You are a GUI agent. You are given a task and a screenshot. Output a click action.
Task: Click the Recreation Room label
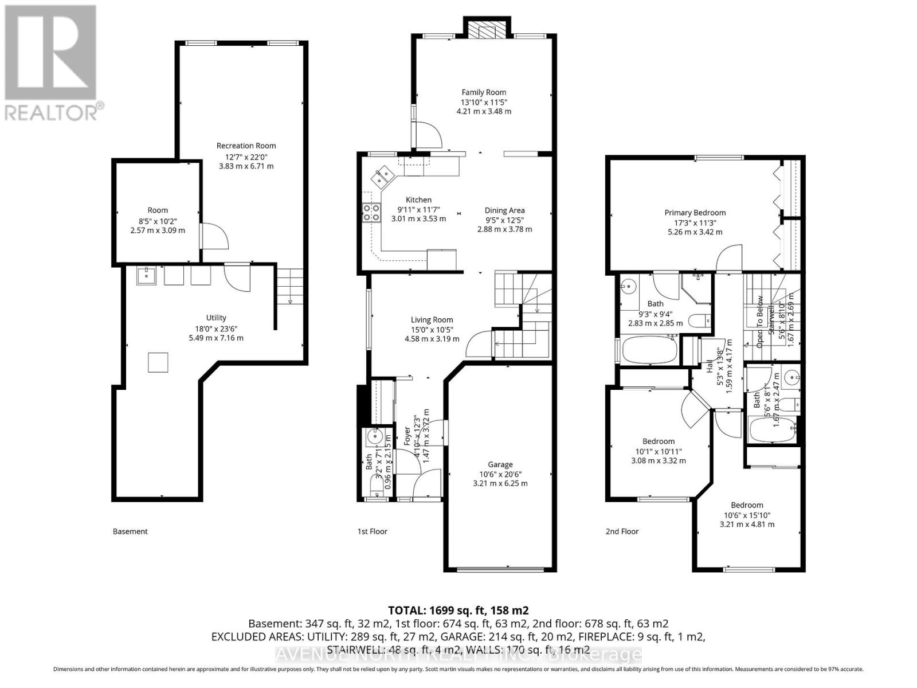click(x=246, y=146)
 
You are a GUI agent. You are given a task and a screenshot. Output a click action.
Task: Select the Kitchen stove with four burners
click(x=371, y=213)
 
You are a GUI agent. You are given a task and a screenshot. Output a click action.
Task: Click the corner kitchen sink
click(x=382, y=177)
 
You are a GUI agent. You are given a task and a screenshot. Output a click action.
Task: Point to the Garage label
click(x=500, y=464)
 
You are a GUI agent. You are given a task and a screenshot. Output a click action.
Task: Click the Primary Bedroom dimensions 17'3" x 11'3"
click(x=695, y=222)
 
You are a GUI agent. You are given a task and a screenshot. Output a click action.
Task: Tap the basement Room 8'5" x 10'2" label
click(x=158, y=210)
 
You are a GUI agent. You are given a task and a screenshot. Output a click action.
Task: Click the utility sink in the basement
click(x=147, y=276)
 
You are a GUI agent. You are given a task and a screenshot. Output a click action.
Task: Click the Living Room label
click(x=432, y=320)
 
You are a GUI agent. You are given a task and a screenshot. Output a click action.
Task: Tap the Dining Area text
click(x=504, y=210)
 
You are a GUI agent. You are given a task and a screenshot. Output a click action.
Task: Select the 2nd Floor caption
click(x=622, y=531)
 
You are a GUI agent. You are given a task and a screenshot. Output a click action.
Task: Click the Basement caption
click(x=130, y=531)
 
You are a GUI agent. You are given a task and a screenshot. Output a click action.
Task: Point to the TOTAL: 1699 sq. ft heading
click(x=458, y=610)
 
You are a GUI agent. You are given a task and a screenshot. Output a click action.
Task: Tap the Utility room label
click(x=216, y=318)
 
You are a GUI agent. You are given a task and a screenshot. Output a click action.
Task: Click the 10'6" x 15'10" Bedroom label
click(x=746, y=505)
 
